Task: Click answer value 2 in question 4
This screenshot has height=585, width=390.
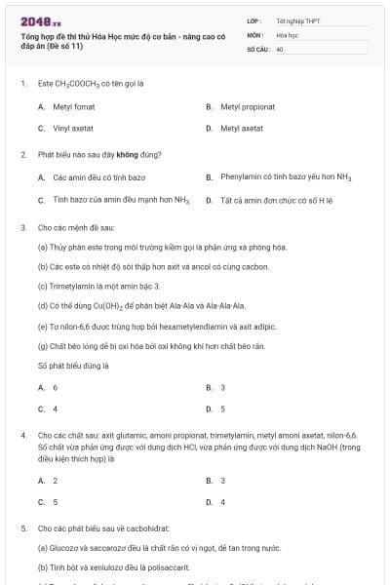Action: point(55,480)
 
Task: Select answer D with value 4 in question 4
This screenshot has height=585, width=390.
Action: point(222,502)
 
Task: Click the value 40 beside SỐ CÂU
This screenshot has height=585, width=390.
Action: point(280,48)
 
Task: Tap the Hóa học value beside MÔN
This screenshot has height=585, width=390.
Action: point(287,34)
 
